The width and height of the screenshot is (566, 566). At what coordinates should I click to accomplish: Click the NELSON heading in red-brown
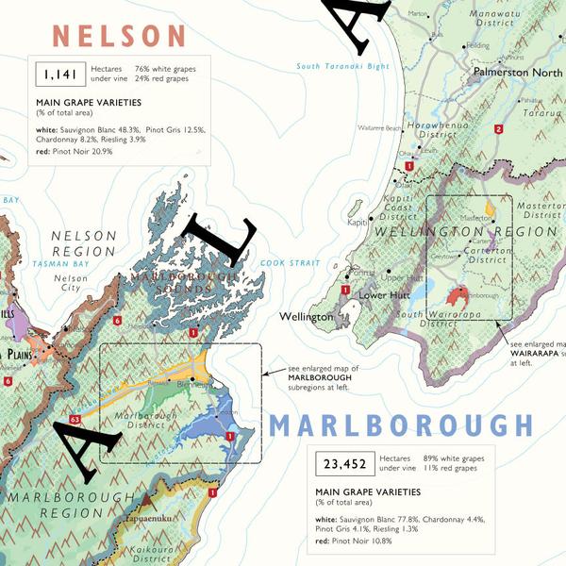120,36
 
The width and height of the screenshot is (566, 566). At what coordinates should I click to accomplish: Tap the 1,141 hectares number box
59,74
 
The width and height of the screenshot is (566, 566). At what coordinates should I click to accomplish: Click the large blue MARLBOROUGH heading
399,426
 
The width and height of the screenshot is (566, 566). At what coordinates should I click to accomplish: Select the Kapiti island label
357,223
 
